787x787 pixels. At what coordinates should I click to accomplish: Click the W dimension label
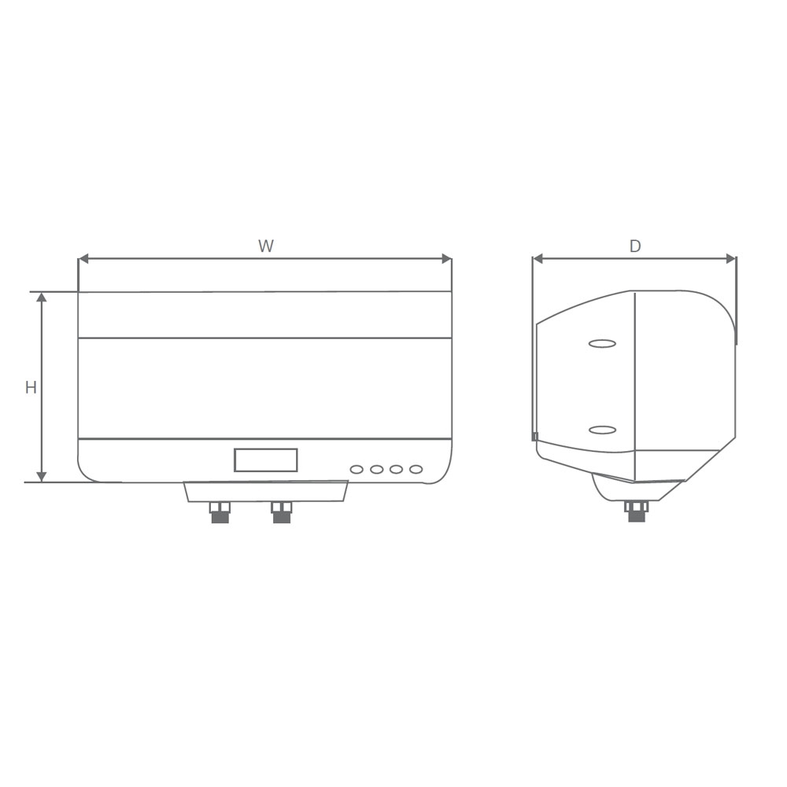tap(266, 246)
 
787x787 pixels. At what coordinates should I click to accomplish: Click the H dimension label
tap(31, 388)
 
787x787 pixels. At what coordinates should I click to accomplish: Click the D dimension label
tap(635, 246)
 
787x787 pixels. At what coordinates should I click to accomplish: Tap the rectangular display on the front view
tap(265, 460)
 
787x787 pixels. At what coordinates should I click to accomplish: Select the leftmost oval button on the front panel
tap(357, 470)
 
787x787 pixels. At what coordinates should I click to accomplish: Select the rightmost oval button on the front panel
tap(416, 470)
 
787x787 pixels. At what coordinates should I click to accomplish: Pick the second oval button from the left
tap(377, 470)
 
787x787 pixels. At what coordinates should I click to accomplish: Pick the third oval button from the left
tap(396, 470)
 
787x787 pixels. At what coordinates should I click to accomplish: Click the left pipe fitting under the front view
tap(220, 512)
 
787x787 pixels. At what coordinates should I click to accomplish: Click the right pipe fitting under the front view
tap(281, 512)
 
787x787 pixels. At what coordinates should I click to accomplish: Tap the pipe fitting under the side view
tap(637, 512)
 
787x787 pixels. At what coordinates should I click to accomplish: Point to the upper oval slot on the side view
tap(602, 344)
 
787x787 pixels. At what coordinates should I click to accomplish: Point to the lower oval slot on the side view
tap(602, 430)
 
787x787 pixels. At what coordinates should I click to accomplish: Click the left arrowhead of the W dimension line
tap(83, 259)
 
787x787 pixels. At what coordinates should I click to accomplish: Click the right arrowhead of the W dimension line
tap(446, 259)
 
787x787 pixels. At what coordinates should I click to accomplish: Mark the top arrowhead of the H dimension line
tap(42, 297)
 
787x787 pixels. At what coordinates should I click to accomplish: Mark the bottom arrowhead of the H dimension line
tap(42, 477)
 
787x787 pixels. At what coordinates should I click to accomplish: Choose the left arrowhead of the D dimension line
tap(538, 259)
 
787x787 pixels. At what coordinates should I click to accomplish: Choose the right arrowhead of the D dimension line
tap(730, 259)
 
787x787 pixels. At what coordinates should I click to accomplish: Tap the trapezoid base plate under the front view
tap(266, 491)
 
